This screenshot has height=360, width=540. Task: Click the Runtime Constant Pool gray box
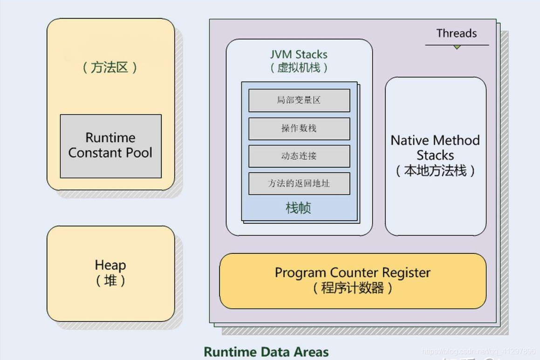click(110, 146)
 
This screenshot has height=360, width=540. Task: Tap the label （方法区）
click(110, 68)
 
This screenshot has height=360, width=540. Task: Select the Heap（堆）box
click(110, 273)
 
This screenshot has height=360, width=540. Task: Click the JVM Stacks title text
click(299, 55)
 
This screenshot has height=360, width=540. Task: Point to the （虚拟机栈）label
click(299, 68)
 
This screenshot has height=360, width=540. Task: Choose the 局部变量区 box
click(299, 101)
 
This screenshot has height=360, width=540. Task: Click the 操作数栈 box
click(299, 129)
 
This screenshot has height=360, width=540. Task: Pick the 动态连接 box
click(299, 156)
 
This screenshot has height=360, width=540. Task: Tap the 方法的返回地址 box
click(299, 183)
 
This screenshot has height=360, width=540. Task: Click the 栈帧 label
click(298, 208)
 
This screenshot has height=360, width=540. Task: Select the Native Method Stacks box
click(435, 156)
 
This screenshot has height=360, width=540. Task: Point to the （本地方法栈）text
click(435, 170)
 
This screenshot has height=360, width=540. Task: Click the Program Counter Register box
click(353, 280)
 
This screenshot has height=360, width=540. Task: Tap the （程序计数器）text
click(353, 288)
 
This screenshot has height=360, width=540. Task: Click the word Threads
click(456, 34)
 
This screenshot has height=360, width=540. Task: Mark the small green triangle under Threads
click(457, 47)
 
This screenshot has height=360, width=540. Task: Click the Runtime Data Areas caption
click(266, 352)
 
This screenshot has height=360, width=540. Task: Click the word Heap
click(110, 265)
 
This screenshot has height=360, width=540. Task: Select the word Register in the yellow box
click(406, 272)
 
